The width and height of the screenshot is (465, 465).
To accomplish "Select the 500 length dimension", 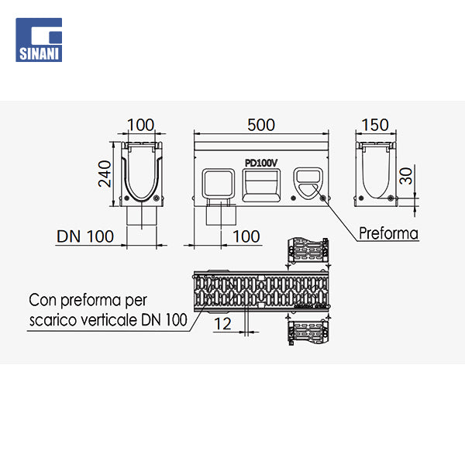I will click(x=262, y=125).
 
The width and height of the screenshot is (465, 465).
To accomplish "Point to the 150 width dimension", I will click(x=375, y=125).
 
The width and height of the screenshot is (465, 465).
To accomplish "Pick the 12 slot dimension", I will click(x=223, y=325).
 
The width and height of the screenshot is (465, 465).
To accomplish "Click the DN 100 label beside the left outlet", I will click(x=85, y=236).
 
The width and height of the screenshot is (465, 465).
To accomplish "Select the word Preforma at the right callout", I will click(x=388, y=233).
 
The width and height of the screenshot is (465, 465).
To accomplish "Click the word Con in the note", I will click(x=43, y=299).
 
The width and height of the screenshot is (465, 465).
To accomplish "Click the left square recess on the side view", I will click(x=219, y=184).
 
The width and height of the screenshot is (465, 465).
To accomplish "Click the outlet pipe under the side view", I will click(x=220, y=215).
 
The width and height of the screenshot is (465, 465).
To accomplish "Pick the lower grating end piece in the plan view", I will click(x=308, y=332).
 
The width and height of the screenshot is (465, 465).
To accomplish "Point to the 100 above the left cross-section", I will click(x=140, y=125).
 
